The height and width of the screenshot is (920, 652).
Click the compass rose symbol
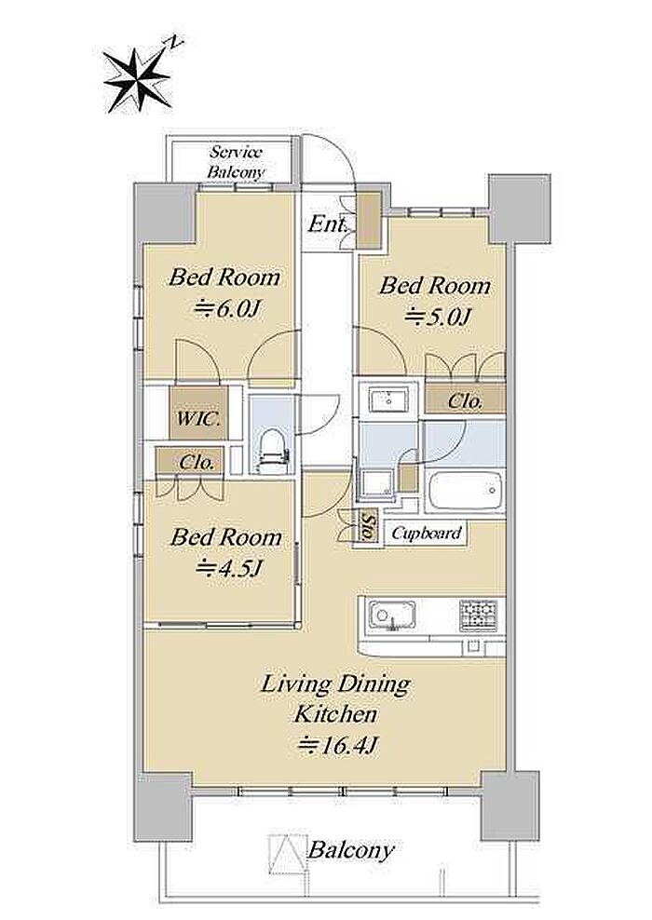(137, 79)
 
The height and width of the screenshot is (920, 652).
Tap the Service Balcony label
(236, 162)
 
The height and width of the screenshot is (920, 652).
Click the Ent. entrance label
(328, 223)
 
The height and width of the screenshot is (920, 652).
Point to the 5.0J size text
(439, 318)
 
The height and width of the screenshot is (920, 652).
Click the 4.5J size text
(230, 568)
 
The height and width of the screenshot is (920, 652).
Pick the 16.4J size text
(337, 746)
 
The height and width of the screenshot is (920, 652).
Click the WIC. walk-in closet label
(199, 419)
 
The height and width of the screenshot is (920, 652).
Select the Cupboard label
(426, 534)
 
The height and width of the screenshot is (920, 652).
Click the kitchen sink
(392, 616)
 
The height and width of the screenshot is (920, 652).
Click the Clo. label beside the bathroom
(466, 402)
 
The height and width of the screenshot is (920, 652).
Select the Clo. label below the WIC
(197, 463)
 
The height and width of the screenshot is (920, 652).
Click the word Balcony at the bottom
(351, 850)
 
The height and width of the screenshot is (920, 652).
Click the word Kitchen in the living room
(335, 714)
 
